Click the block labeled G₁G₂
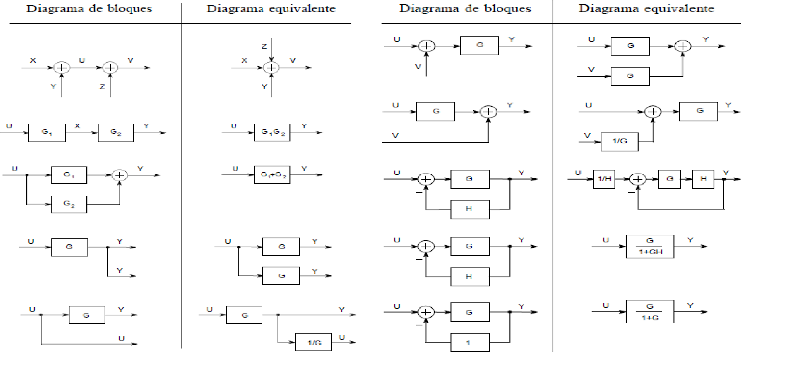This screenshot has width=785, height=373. (x=272, y=132)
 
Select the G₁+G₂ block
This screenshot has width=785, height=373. (x=272, y=175)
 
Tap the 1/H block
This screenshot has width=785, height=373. (x=604, y=179)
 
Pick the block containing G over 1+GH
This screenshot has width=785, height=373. (x=650, y=246)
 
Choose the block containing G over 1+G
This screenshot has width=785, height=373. (x=650, y=312)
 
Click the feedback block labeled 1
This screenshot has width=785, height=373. (x=470, y=343)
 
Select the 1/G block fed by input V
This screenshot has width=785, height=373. (x=620, y=141)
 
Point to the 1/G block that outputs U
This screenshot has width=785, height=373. (x=314, y=343)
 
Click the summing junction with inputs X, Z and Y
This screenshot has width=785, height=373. (x=271, y=68)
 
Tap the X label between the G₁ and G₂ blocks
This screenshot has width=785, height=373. (x=77, y=126)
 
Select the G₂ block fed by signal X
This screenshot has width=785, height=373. (x=116, y=132)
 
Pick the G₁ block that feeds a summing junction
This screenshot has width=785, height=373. (x=69, y=175)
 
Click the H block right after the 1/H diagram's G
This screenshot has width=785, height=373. (x=703, y=179)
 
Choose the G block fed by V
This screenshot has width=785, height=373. (x=630, y=76)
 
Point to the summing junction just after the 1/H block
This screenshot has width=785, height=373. (x=638, y=179)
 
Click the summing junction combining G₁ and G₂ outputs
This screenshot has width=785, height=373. (x=119, y=175)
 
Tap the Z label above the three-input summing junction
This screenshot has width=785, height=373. (x=264, y=46)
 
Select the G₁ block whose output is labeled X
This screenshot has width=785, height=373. (x=47, y=132)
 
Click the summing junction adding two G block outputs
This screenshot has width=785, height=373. (x=682, y=46)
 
